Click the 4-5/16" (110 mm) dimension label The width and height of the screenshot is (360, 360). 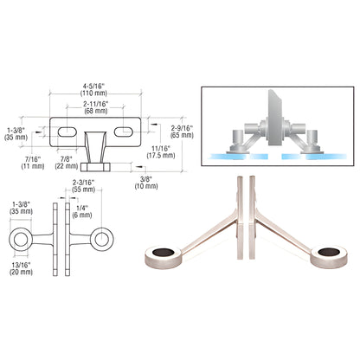tap(95, 89)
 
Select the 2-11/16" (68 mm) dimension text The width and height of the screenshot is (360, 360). tap(96, 107)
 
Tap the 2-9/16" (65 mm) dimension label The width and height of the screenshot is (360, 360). tap(182, 132)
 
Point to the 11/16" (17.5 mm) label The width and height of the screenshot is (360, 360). tap(161, 151)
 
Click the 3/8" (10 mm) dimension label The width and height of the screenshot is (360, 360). tap(146, 183)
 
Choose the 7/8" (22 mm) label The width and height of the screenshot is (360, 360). tap(67, 163)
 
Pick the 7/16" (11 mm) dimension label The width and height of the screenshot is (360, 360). tap(33, 163)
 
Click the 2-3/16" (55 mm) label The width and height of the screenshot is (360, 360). tap(83, 186)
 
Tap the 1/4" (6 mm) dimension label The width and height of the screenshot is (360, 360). tap(82, 212)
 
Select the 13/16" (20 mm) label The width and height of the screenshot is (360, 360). tap(21, 268)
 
